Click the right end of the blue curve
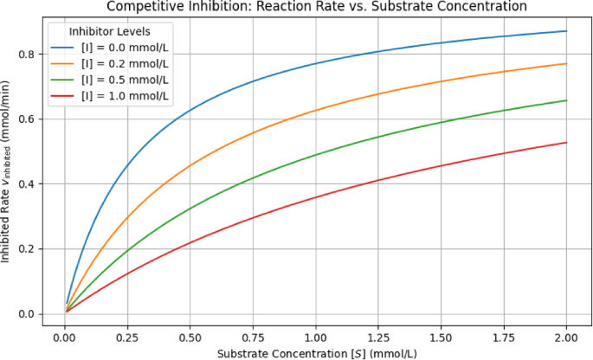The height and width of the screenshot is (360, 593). pyautogui.click(x=566, y=31)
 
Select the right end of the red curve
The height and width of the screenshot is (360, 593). pyautogui.click(x=566, y=143)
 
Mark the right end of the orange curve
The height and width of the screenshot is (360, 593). pyautogui.click(x=566, y=63)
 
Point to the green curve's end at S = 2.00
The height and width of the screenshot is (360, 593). pyautogui.click(x=566, y=100)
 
